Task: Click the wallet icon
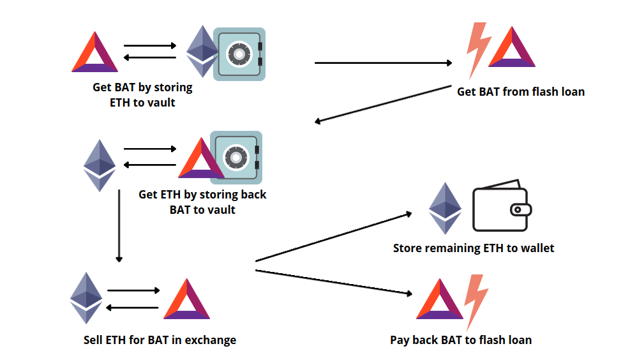(502, 209)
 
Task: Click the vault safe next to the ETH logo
(239, 54)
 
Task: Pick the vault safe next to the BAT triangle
(236, 157)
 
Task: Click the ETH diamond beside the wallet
(445, 209)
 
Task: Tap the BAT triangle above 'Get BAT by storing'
(94, 52)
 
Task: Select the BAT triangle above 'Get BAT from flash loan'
(511, 48)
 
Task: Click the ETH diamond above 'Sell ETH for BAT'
(86, 298)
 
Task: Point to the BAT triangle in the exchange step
(186, 299)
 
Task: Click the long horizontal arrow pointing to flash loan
(383, 63)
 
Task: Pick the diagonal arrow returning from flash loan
(383, 105)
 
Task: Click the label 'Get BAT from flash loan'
(520, 92)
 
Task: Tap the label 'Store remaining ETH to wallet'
(473, 248)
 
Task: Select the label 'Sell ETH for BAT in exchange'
(160, 340)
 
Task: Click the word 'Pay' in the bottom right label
(400, 340)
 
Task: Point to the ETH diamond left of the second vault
(100, 165)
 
